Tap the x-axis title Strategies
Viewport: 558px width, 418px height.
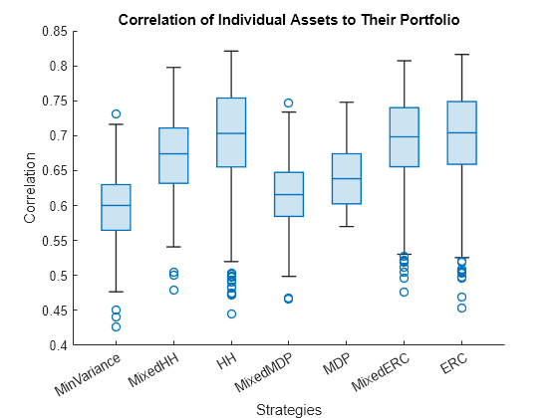(289, 408)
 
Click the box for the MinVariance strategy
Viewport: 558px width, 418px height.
(116, 207)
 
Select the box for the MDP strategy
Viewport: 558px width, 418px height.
(347, 179)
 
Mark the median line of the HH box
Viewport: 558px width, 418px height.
(231, 133)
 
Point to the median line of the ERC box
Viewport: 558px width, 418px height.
(461, 132)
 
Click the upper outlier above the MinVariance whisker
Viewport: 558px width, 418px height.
(116, 114)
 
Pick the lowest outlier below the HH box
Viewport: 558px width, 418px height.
(231, 313)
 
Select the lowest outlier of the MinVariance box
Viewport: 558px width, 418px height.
(116, 326)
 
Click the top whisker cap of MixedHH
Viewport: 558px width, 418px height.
(173, 68)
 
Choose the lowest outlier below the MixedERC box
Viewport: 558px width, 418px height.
(404, 292)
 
